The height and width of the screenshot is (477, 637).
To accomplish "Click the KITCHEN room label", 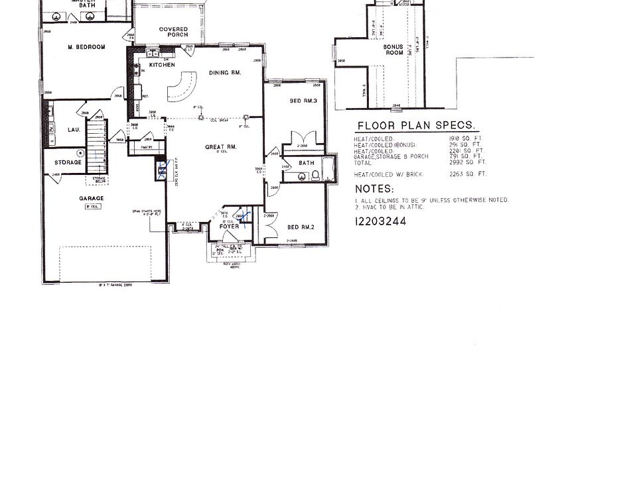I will click(162, 65).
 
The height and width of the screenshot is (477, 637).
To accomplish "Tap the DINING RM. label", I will click(224, 72).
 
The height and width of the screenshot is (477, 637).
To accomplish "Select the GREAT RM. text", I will click(221, 147).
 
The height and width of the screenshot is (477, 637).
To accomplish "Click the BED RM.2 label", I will click(301, 227).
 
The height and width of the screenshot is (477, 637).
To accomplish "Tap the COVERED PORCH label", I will click(173, 32).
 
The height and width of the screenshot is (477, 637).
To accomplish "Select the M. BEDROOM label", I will click(86, 47).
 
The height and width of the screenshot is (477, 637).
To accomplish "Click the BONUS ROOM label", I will click(393, 50).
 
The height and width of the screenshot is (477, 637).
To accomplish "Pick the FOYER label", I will click(229, 227).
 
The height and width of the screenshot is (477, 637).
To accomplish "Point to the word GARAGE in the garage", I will click(92, 198).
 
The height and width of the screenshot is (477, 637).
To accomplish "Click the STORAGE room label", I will click(68, 162).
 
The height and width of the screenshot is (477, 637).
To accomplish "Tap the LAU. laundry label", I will click(74, 130).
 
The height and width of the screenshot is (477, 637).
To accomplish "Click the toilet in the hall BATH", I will click(316, 175).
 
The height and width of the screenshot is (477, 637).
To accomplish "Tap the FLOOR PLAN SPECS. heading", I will click(416, 125).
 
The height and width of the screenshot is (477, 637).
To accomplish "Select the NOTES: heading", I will click(375, 189).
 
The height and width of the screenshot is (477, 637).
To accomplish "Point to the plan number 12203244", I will click(380, 222).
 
